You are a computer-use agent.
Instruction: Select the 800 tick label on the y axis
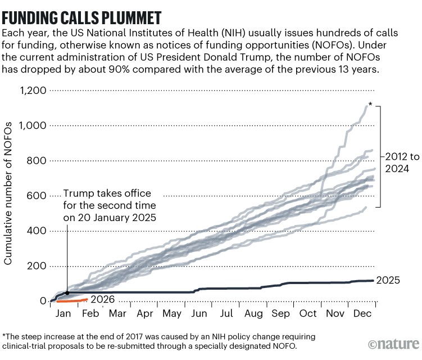(37, 161)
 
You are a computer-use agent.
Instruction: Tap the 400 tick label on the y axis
(37, 231)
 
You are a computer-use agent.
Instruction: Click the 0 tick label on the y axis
(43, 301)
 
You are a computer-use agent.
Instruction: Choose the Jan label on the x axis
(63, 313)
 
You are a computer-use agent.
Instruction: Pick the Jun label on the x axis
(198, 313)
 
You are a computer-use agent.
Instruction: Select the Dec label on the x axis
(360, 313)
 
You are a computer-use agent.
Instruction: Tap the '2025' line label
(388, 280)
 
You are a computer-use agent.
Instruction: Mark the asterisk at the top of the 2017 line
(370, 105)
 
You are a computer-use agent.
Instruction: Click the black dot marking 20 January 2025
(67, 292)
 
